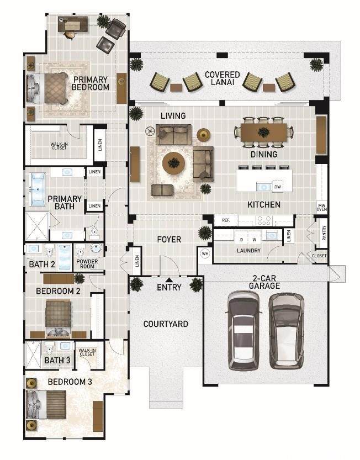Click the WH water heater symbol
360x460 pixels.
[x=205, y=253]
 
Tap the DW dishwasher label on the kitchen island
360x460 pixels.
[x=277, y=187]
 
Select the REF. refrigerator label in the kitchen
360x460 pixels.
[x=226, y=220]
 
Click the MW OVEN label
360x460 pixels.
[x=321, y=208]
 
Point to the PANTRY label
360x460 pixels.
[x=324, y=233]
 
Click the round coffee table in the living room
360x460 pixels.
[x=174, y=163]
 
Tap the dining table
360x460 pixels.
[x=264, y=132]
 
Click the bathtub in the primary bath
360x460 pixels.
[x=38, y=189]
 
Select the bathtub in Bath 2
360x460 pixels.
[x=65, y=257]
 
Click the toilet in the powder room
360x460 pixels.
[x=80, y=251]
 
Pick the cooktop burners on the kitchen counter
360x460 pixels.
[x=264, y=221]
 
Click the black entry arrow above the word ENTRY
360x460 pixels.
[x=170, y=280]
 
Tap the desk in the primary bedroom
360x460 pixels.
[x=73, y=24]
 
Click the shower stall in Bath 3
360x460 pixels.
[x=33, y=355]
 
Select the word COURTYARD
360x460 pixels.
[x=166, y=324]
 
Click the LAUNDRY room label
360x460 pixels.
[x=249, y=251]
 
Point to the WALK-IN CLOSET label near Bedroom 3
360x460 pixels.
[x=87, y=352]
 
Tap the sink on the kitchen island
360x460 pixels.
[x=264, y=186]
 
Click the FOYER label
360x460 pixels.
[x=170, y=240]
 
